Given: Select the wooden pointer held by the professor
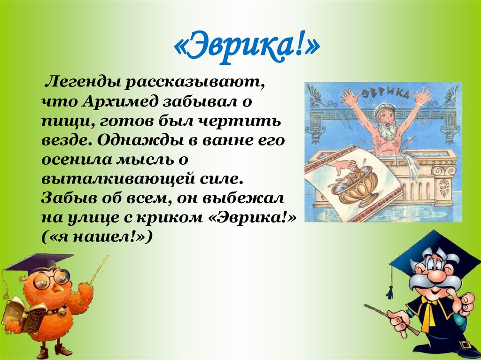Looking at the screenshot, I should pos(390,319).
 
